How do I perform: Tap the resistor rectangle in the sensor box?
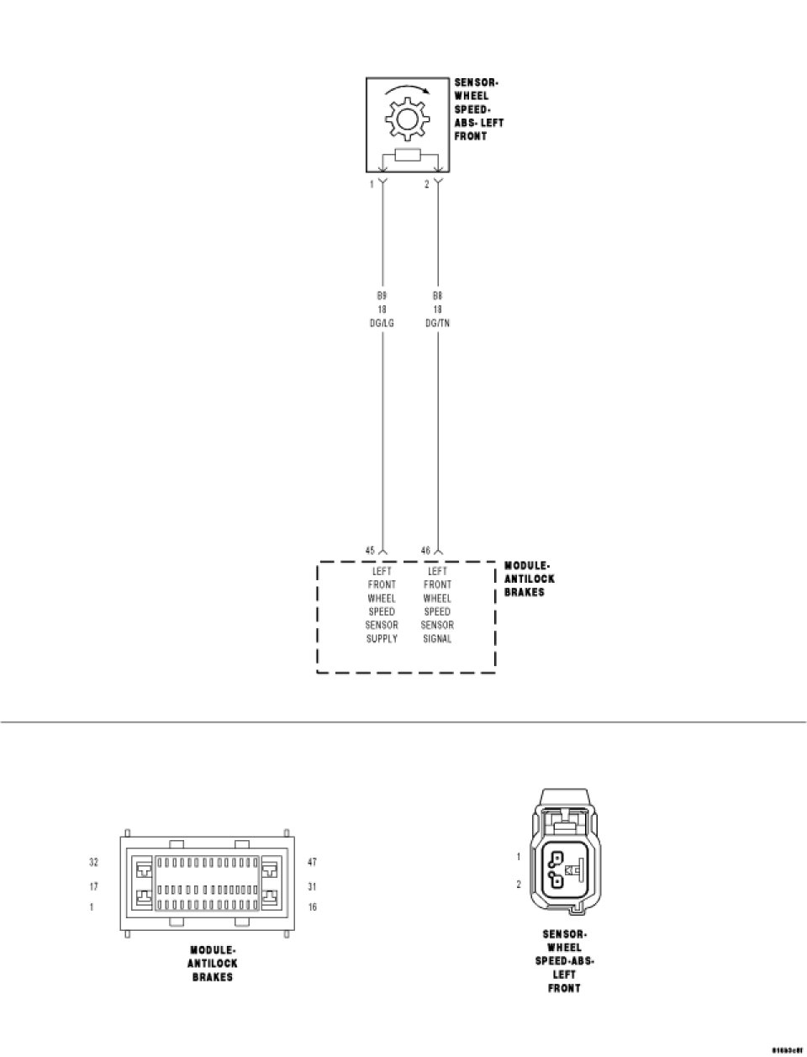(x=408, y=155)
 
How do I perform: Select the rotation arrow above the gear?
(x=407, y=90)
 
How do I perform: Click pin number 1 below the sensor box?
(x=372, y=184)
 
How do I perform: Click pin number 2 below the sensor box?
(x=426, y=184)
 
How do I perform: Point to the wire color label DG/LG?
(x=382, y=323)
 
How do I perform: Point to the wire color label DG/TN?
(x=437, y=323)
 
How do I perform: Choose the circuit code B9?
(x=382, y=296)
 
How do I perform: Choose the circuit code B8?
(x=437, y=296)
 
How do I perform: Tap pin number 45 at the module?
(x=370, y=551)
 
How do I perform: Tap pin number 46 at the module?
(x=425, y=551)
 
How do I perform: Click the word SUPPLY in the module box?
(x=382, y=639)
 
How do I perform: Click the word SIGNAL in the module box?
(x=437, y=639)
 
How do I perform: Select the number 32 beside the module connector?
(x=94, y=862)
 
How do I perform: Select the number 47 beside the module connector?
(x=313, y=862)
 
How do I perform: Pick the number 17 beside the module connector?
(x=94, y=886)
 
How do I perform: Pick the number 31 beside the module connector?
(x=313, y=886)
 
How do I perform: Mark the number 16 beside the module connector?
(x=313, y=907)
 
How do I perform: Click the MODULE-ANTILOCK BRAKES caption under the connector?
(x=213, y=964)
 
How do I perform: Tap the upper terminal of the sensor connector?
(x=556, y=859)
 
